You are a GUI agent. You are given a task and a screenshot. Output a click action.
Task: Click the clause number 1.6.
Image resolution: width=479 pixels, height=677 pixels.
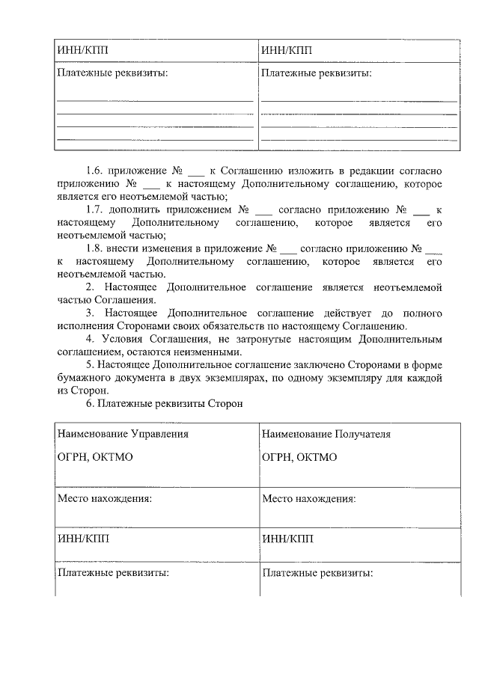(96, 171)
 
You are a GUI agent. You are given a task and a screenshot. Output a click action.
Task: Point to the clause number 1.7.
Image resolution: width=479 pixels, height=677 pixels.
(96, 209)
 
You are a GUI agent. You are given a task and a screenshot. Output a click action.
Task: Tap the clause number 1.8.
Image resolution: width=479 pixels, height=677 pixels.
(96, 248)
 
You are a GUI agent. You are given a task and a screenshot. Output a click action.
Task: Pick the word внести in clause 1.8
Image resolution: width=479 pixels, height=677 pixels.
(132, 248)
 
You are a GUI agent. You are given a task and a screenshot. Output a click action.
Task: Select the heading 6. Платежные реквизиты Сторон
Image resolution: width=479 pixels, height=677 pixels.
(165, 404)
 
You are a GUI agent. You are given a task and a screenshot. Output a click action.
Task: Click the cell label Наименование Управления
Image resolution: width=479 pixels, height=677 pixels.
(123, 434)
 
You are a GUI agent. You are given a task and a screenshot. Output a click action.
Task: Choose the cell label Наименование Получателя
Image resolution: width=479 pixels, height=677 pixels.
(326, 434)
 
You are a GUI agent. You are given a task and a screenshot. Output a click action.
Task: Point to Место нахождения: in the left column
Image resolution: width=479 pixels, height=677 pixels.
(105, 498)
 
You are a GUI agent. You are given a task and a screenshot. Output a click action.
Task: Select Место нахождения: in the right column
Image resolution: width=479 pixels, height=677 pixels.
(309, 498)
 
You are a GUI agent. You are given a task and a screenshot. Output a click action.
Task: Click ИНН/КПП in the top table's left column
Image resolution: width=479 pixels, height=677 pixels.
(82, 51)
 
